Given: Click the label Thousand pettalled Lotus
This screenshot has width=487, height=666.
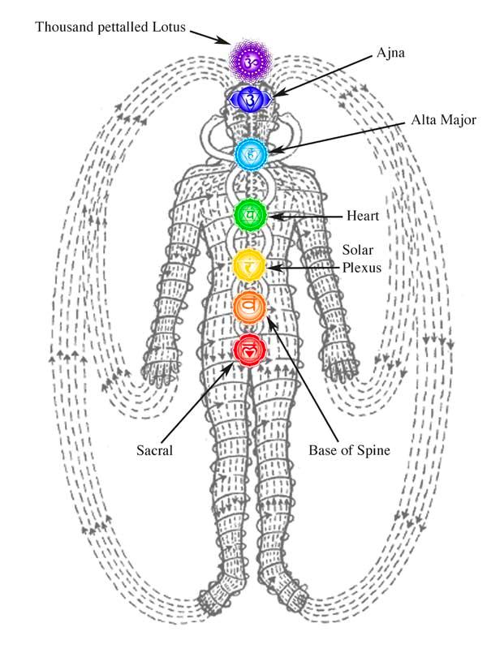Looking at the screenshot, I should pos(110,28).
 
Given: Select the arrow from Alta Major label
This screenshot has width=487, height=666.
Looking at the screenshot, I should pos(341,136).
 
